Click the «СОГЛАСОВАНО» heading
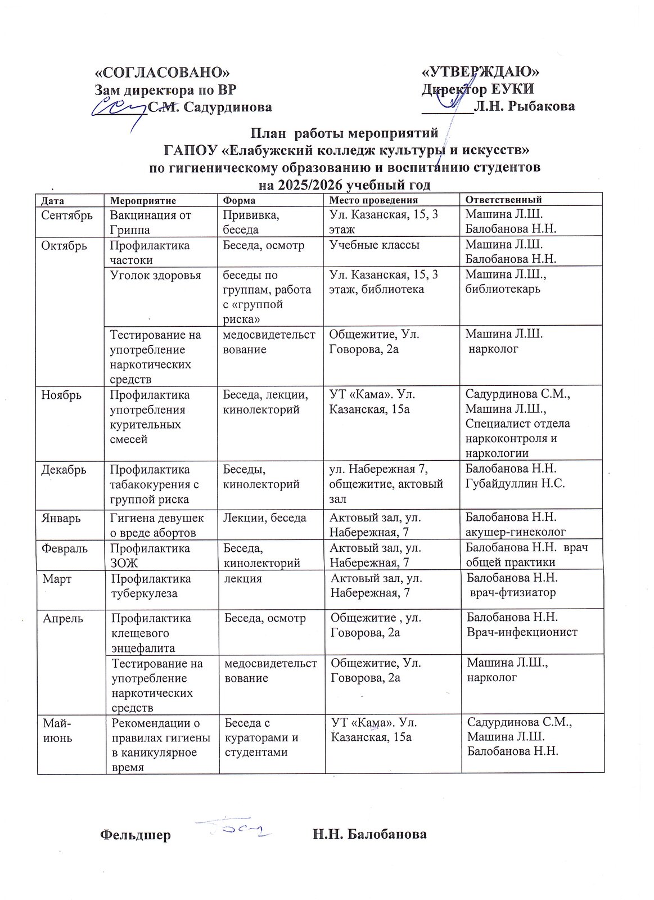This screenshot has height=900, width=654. [163, 72]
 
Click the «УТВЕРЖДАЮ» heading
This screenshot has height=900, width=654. [480, 72]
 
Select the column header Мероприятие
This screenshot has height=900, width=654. [143, 200]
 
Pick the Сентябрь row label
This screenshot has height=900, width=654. [67, 215]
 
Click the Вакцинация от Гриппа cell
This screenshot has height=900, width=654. [150, 222]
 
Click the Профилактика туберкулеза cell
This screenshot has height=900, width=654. [151, 586]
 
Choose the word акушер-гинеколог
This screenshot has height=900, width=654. [516, 532]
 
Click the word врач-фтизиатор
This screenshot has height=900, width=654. [512, 592]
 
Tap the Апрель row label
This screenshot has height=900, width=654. [64, 618]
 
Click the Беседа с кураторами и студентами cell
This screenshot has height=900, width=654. [261, 737]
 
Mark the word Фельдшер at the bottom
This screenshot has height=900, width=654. [135, 835]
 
